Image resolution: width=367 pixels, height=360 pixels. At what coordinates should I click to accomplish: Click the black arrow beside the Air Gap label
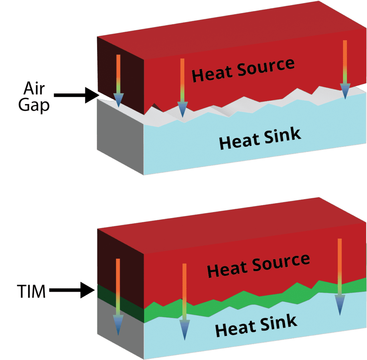click(77, 95)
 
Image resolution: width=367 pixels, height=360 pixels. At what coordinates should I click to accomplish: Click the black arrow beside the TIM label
click(72, 290)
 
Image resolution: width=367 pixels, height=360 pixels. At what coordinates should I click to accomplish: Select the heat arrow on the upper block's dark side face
click(118, 81)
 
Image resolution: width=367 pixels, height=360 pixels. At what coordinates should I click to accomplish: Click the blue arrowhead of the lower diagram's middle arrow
click(184, 331)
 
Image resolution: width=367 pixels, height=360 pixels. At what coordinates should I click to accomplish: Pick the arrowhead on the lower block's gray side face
click(118, 325)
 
